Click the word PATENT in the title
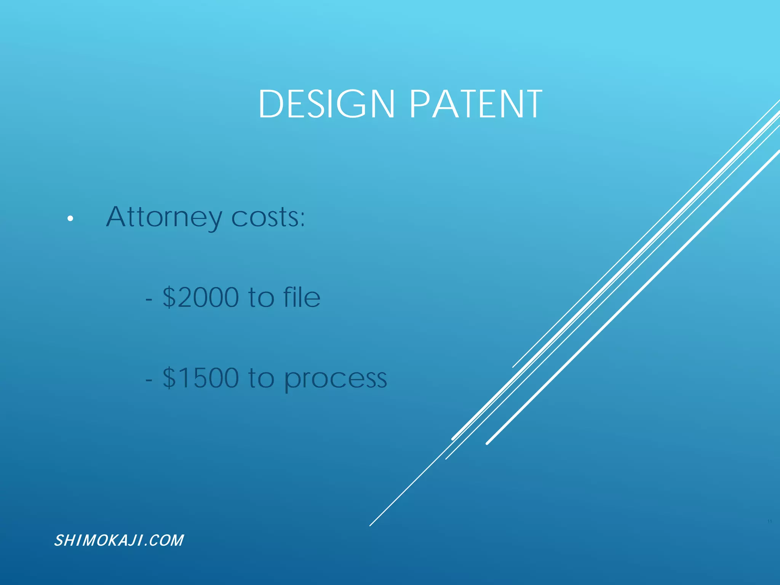point(476,104)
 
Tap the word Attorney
point(164,217)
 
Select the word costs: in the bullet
point(268,217)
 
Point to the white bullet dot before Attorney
point(70,219)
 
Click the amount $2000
point(201,297)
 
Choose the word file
point(302,297)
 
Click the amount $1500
point(201,378)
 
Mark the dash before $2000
point(149,299)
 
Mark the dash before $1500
point(149,380)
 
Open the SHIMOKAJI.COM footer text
point(119,540)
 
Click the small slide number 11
point(769,521)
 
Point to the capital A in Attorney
point(116,217)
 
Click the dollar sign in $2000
point(169,297)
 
